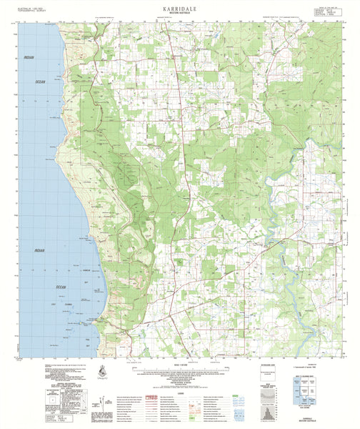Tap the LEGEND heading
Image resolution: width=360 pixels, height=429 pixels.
point(179,389)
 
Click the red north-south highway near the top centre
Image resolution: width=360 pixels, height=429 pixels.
point(169,43)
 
